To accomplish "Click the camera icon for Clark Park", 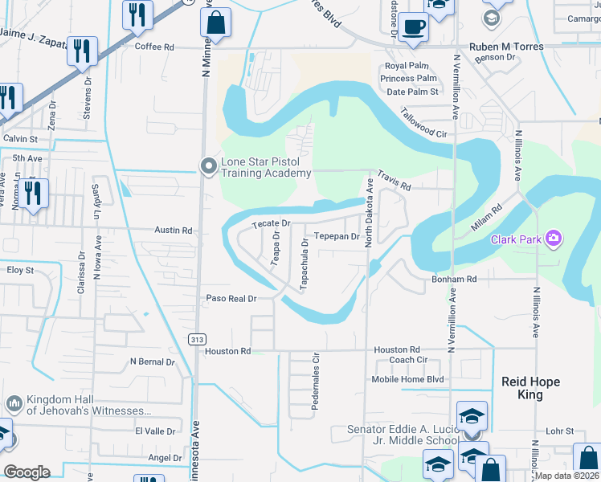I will point(553,238).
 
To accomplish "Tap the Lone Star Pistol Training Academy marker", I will point(209,166).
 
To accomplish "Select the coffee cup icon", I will point(413,27).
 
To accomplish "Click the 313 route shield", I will point(197,340).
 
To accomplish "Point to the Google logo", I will point(27,472).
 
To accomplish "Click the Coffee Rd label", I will point(154,47).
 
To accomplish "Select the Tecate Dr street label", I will point(270,223).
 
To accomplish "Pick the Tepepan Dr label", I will point(336,236).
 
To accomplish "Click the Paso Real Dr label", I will point(231,298).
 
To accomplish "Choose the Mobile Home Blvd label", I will point(407,379).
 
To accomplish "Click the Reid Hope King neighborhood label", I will point(530,388).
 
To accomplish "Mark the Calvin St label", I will point(20,139).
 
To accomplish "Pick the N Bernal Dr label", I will point(152,362).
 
